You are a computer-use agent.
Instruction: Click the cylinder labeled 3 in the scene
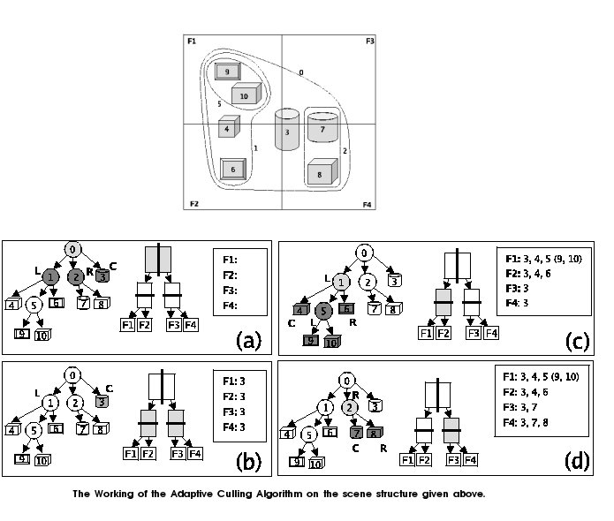point(287,130)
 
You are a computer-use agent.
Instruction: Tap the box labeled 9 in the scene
point(227,72)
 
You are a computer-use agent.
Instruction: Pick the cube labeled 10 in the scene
point(245,94)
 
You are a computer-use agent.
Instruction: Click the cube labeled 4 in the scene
point(229,127)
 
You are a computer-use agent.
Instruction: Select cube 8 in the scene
point(320,173)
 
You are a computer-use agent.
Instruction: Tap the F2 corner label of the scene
point(194,204)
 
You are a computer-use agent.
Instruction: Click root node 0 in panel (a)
point(74,249)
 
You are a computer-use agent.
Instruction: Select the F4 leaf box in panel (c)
point(491,333)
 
